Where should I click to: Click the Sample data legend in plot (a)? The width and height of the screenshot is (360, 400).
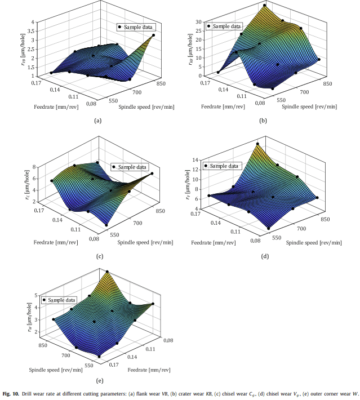(x=135, y=26)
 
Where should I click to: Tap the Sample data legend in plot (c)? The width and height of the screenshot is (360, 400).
(x=130, y=167)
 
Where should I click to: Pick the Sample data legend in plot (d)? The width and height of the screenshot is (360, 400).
(x=224, y=166)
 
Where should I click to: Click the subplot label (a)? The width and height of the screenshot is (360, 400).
(x=98, y=120)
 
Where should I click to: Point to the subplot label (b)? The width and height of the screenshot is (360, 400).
(x=264, y=120)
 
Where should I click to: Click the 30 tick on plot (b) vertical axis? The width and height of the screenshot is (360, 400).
(x=198, y=21)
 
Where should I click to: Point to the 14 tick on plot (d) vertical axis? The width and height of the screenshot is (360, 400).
(x=198, y=160)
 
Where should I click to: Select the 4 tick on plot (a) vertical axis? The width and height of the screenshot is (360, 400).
(x=34, y=22)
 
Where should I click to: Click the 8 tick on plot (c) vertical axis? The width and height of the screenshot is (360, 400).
(x=34, y=167)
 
